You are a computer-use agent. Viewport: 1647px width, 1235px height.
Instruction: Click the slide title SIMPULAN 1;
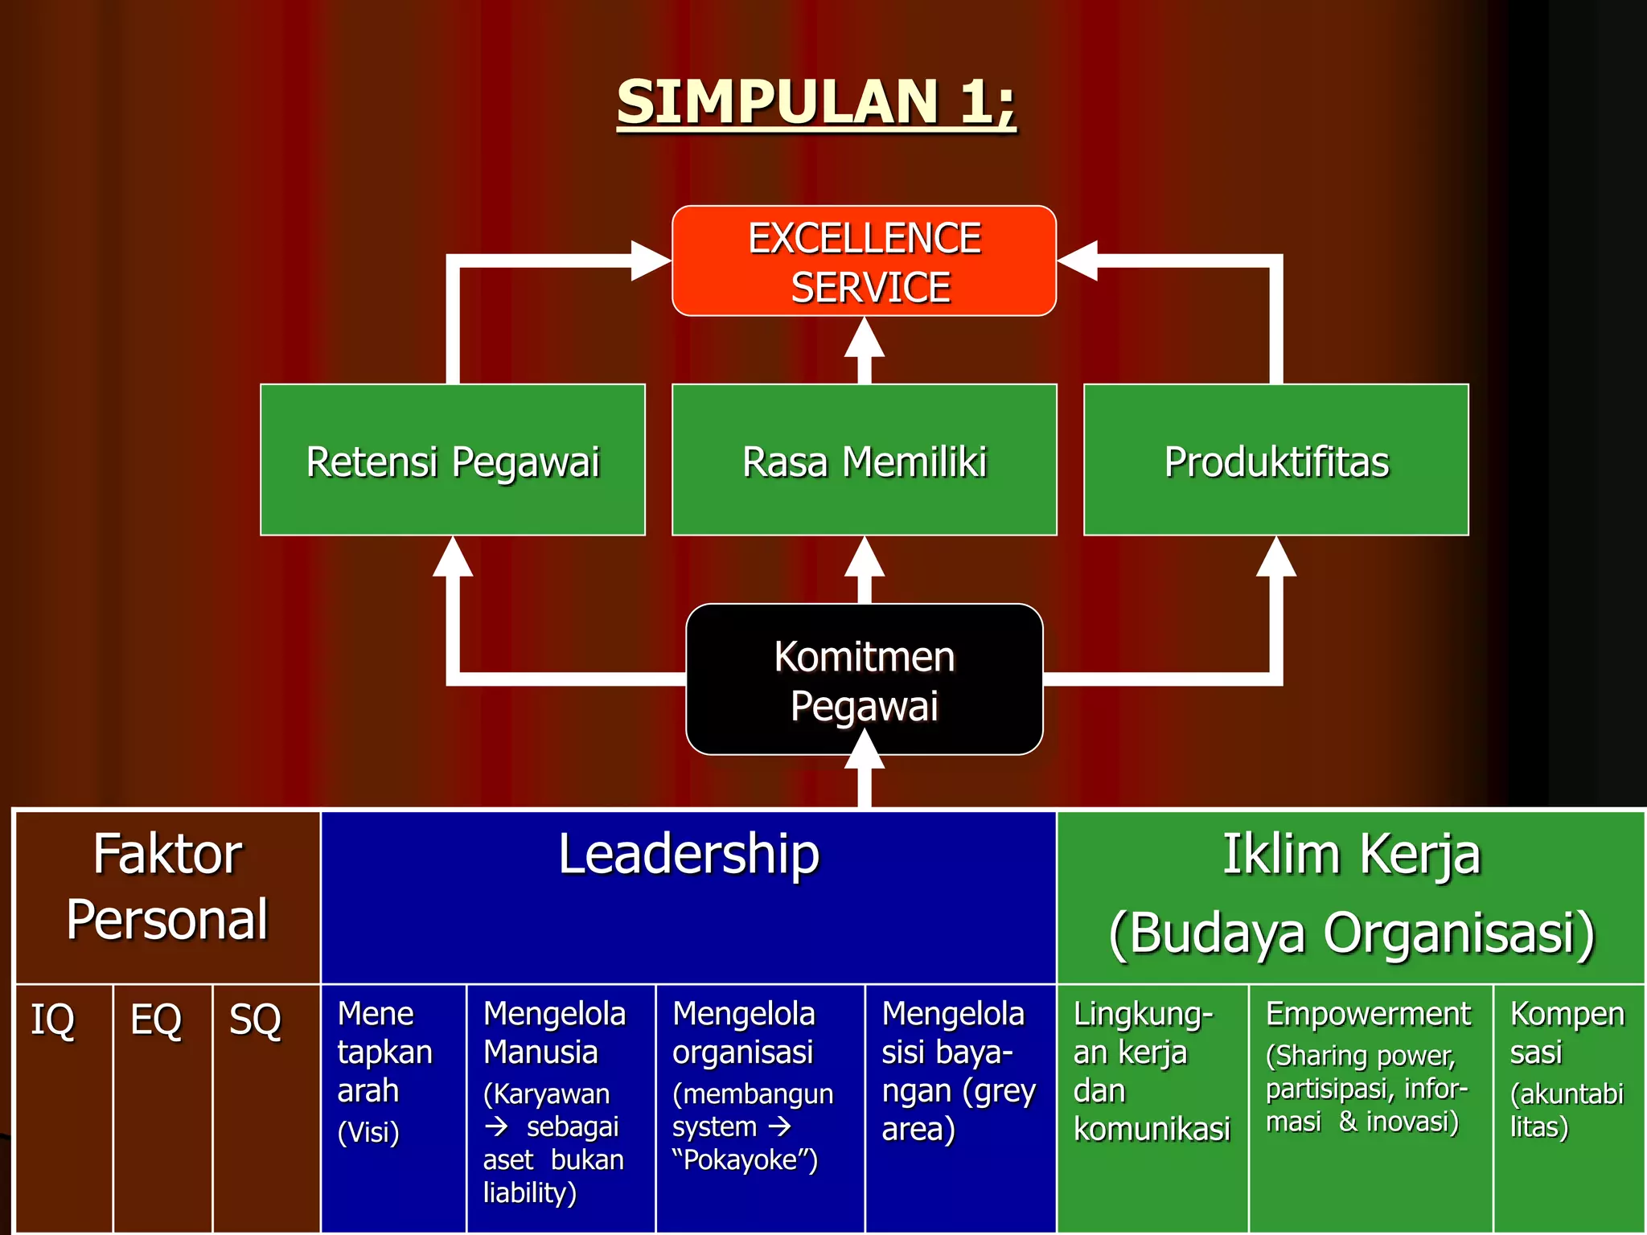pos(815,103)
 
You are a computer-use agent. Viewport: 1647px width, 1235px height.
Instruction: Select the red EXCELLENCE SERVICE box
pos(864,261)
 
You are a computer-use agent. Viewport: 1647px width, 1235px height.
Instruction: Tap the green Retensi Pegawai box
pos(453,460)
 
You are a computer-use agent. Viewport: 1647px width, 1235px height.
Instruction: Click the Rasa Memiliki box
pos(864,460)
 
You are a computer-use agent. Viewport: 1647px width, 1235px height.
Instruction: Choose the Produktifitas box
pos(1275,460)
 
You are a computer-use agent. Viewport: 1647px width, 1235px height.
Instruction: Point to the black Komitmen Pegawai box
pos(864,679)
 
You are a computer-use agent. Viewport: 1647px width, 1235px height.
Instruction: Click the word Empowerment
pos(1368,1014)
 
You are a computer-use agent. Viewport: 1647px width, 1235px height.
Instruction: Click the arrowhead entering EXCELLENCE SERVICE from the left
pos(651,261)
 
